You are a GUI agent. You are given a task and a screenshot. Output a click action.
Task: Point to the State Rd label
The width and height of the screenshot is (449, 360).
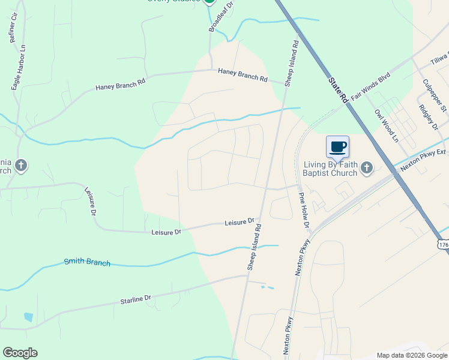(339, 88)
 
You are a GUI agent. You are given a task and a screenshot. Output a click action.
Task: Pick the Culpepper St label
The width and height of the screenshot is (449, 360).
(435, 95)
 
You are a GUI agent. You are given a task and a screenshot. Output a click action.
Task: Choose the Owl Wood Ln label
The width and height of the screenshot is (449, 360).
(386, 125)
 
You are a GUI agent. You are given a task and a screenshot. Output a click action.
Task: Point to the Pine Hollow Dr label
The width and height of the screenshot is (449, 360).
(304, 211)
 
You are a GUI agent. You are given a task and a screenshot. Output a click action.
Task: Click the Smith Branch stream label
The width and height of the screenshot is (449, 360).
(87, 262)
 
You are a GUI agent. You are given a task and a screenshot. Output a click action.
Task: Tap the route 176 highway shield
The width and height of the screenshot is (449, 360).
(444, 245)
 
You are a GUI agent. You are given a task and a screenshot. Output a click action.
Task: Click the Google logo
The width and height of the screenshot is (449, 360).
(20, 353)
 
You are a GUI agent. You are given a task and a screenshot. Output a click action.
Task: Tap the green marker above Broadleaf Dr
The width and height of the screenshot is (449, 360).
(209, 2)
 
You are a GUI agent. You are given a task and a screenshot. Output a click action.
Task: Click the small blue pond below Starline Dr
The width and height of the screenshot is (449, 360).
(28, 317)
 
